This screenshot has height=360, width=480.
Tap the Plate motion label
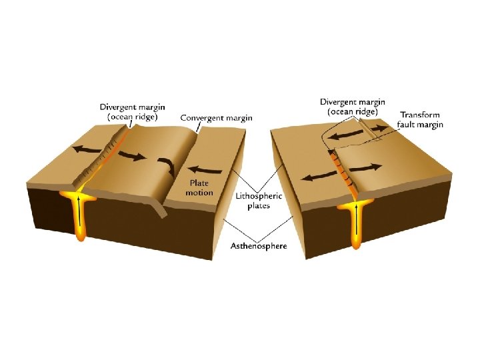(199, 187)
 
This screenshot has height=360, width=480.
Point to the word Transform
(419, 115)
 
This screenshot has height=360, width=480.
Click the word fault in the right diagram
(407, 125)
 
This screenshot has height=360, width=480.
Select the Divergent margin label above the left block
(133, 111)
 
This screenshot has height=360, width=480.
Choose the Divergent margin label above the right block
(353, 107)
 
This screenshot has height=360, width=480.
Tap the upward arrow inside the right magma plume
(358, 220)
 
